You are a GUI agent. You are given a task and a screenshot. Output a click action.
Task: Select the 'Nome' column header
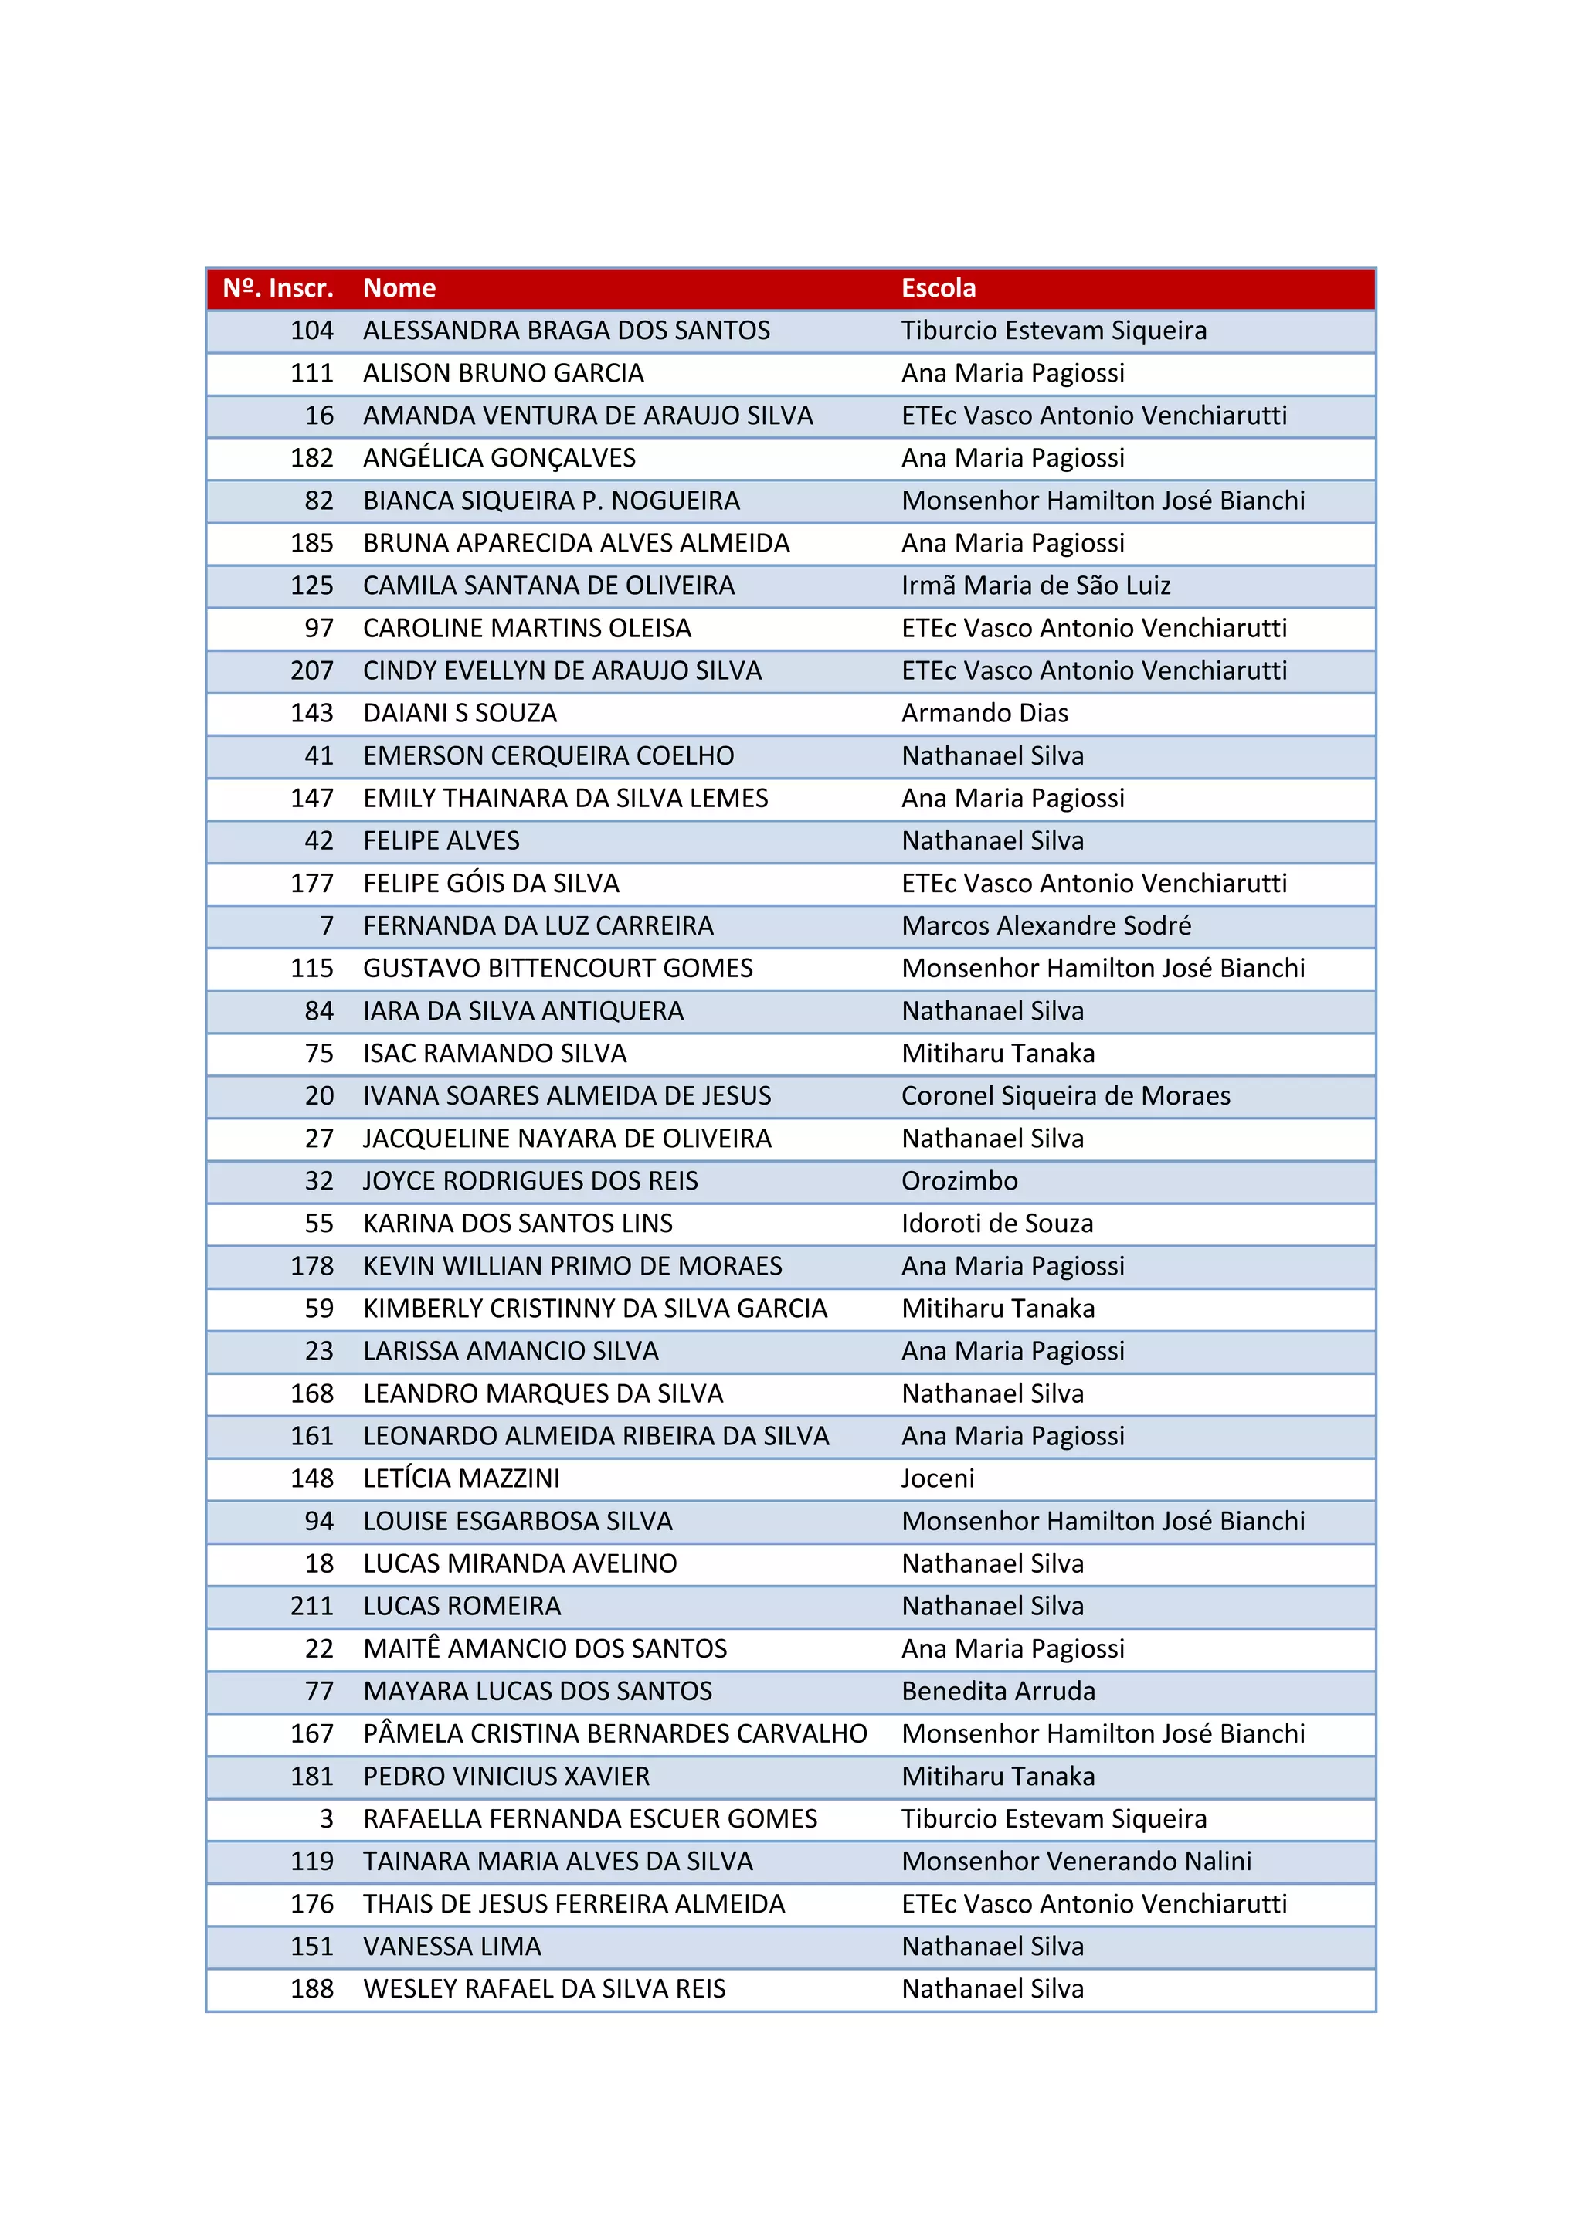click(399, 288)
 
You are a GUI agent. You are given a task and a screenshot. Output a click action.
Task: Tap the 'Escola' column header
click(938, 288)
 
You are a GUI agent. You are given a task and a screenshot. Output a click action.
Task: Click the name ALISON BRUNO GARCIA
click(503, 373)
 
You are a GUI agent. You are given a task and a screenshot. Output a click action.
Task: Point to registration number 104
click(312, 331)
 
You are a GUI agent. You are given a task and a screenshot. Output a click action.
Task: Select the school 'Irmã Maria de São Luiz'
click(1036, 586)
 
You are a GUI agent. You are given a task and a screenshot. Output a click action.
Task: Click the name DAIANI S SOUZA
click(460, 713)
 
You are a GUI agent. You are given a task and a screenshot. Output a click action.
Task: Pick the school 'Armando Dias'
click(984, 713)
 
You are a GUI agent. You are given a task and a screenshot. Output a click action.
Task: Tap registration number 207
click(312, 670)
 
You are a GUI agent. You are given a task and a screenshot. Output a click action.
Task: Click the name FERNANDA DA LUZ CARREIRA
click(538, 925)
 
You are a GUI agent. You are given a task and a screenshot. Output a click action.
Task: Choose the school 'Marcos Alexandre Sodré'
click(1045, 925)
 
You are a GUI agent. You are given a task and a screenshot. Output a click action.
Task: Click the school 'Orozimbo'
click(959, 1181)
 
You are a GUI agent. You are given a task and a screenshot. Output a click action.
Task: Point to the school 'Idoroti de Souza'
click(996, 1224)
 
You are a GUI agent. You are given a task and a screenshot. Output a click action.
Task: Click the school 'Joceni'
click(937, 1479)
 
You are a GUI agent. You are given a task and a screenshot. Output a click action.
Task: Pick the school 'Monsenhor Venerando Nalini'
click(1075, 1861)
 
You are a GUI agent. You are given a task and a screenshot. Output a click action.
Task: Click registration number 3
click(326, 1819)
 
